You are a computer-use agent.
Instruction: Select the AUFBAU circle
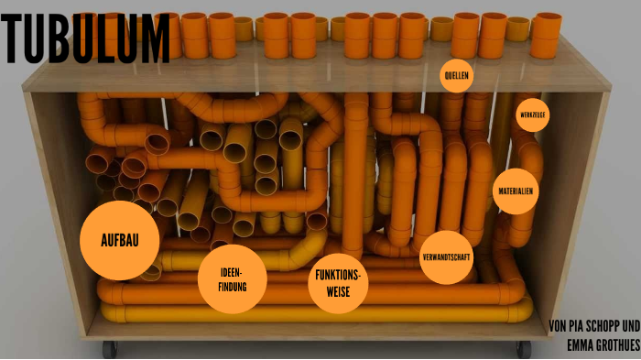click(x=120, y=241)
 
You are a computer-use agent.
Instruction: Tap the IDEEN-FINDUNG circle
click(x=233, y=279)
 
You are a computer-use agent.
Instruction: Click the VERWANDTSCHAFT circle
click(x=447, y=257)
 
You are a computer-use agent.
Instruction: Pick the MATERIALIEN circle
click(x=515, y=191)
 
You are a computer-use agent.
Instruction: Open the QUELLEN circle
click(x=456, y=75)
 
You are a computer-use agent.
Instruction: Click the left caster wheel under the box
click(x=111, y=349)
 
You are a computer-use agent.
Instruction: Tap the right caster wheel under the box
click(x=523, y=349)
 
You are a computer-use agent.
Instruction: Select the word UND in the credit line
click(x=631, y=326)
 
